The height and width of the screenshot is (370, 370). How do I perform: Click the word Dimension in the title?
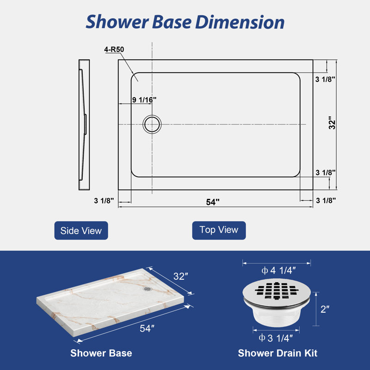coord(240,22)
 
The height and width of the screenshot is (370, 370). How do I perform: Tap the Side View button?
coord(81,230)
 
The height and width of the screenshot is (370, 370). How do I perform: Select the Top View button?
coord(219,230)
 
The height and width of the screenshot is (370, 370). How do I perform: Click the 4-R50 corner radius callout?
coord(114,49)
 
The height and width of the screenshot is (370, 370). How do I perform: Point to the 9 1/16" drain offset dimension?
coord(144,100)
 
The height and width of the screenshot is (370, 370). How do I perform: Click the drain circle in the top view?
coord(152,116)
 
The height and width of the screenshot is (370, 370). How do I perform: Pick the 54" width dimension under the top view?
coord(213,202)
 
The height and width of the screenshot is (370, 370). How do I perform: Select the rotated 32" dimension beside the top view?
coord(332,123)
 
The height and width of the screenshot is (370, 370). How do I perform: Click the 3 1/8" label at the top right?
coord(326,79)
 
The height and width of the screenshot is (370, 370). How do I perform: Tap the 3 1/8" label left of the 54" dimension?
coord(104,201)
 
